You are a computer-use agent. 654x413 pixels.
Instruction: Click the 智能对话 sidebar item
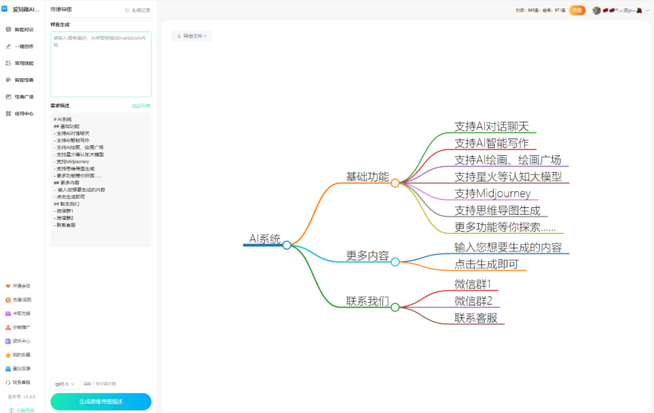[x=23, y=29]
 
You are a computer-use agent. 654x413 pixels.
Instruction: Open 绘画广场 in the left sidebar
[x=23, y=97]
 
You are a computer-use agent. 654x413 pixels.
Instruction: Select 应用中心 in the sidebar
[x=23, y=114]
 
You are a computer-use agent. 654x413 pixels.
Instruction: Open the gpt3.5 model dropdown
[x=65, y=384]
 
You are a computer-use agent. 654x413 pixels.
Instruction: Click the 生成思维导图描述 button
[x=101, y=402]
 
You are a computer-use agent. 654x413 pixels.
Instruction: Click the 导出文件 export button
[x=191, y=36]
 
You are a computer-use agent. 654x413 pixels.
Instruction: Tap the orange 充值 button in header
[x=576, y=10]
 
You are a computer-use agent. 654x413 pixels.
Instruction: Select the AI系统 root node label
[x=265, y=239]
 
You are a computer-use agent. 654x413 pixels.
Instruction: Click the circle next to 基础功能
[x=395, y=183]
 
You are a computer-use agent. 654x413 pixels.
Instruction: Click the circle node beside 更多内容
[x=395, y=262]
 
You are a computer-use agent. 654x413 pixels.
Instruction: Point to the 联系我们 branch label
[x=368, y=301]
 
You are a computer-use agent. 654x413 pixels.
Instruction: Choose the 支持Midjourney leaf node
[x=492, y=193]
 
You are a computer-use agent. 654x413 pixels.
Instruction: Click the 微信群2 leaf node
[x=474, y=301]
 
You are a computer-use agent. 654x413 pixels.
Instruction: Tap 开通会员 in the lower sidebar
[x=21, y=286]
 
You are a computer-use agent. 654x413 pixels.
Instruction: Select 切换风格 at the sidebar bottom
[x=23, y=410]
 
